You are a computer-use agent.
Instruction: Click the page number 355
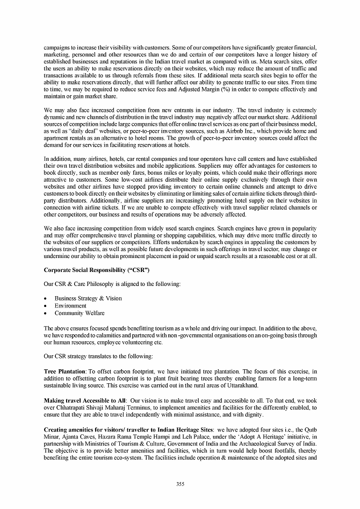click(180, 484)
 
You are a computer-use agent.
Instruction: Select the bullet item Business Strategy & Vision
click(88, 298)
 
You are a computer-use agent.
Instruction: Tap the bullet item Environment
click(70, 306)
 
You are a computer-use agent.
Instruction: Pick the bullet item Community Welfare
click(80, 313)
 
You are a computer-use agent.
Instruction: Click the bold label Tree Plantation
click(64, 372)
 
